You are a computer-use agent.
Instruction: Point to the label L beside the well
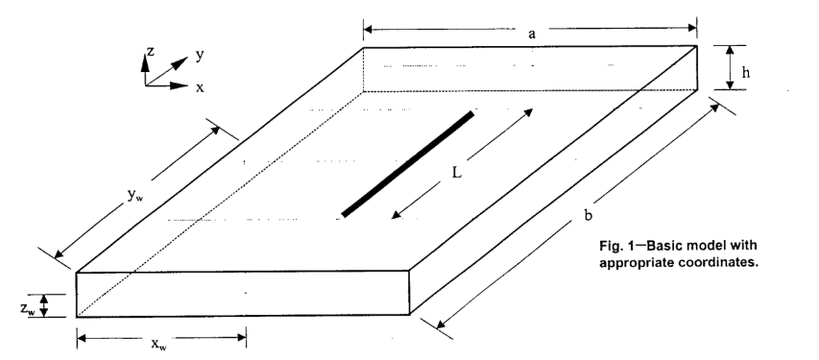[x=461, y=175]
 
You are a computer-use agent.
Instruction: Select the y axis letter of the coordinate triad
[x=200, y=56]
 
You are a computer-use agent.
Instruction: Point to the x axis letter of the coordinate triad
[x=200, y=86]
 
